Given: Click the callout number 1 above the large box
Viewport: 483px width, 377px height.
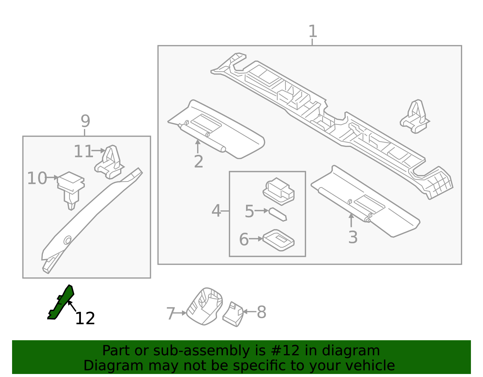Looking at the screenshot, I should coord(313,31).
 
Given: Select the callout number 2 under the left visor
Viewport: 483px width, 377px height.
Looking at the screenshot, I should coord(198,162).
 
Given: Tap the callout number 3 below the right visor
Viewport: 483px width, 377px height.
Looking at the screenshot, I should coord(353,237).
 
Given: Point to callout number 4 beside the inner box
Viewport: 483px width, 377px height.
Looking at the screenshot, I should coord(216,211).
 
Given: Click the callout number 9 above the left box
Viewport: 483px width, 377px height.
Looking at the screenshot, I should coord(85,121).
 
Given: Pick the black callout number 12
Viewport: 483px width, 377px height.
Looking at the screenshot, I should coord(85,318).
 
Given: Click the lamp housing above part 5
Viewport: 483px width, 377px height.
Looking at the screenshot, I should coord(279,191).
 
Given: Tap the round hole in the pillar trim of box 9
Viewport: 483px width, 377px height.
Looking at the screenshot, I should coord(67,240).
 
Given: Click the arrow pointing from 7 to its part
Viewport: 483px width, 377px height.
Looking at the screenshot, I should coord(181,313).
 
